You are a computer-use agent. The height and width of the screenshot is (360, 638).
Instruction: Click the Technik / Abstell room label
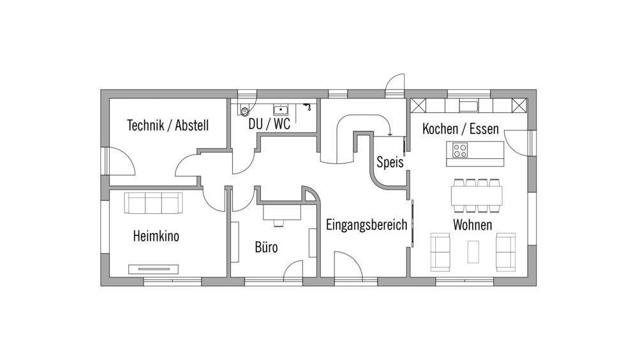[x=168, y=125]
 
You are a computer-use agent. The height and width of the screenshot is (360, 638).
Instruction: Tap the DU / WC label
[x=269, y=124]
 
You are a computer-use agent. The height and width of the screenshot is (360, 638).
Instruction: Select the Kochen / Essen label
[x=460, y=129]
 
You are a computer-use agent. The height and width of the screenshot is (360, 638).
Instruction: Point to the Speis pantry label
[x=390, y=162]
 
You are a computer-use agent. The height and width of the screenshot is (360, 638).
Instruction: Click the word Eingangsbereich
[x=366, y=225]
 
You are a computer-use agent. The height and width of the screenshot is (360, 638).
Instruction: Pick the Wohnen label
[x=472, y=225]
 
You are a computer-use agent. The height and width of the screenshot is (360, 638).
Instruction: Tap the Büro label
[x=266, y=247]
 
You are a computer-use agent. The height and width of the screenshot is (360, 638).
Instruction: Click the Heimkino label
[x=156, y=236]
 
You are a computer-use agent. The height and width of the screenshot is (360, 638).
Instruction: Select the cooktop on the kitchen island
[x=460, y=150]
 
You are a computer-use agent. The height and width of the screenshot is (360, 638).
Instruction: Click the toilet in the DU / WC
[x=244, y=110]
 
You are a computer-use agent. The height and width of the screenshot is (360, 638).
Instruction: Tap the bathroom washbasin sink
[x=281, y=110]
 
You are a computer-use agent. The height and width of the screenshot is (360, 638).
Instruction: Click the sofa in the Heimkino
[x=153, y=202]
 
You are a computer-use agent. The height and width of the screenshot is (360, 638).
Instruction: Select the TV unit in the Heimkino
[x=153, y=269]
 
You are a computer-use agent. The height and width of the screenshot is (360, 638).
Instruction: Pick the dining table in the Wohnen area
[x=477, y=195]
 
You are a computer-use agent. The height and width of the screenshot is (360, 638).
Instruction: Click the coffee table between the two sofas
[x=473, y=251]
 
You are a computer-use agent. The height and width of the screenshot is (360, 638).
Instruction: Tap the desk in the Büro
[x=282, y=212]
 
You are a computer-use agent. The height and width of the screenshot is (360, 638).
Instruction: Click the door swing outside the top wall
[x=395, y=86]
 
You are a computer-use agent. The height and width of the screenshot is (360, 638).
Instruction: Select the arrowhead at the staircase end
[x=390, y=133]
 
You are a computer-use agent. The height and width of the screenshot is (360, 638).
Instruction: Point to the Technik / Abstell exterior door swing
[x=122, y=161]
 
